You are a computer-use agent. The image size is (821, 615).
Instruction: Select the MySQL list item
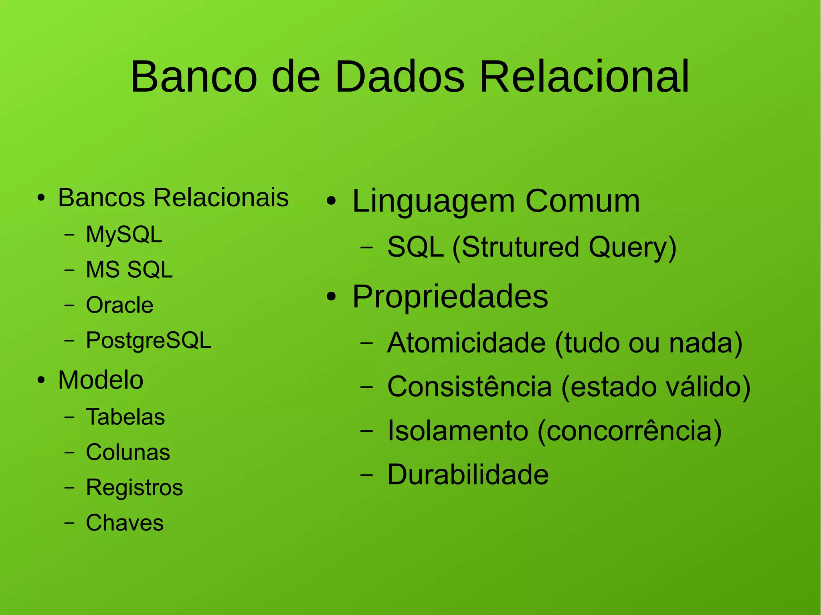coord(124,234)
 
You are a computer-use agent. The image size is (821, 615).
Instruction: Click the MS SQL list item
coord(129,270)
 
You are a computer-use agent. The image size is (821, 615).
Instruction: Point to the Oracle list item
coord(119,305)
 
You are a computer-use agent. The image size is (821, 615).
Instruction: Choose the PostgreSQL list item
coord(148,341)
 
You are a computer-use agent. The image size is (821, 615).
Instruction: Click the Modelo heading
coord(101,380)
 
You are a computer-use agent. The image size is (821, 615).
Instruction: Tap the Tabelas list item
coord(125,417)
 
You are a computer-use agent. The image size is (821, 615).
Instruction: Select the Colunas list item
coord(128,452)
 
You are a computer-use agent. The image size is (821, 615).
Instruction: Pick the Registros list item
coord(134,488)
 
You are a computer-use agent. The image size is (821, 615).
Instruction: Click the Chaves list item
coord(125,523)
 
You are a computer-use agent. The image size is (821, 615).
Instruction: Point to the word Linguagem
coord(433,201)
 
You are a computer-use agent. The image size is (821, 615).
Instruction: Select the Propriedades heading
coord(450,297)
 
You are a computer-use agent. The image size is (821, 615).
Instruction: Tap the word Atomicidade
coord(466,343)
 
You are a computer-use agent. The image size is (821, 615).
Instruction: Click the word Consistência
coord(469,387)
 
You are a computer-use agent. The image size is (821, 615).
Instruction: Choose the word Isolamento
coord(457,431)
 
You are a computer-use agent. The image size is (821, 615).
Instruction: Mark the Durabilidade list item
coord(468,475)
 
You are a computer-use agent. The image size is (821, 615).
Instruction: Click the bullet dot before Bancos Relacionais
coord(41,198)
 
